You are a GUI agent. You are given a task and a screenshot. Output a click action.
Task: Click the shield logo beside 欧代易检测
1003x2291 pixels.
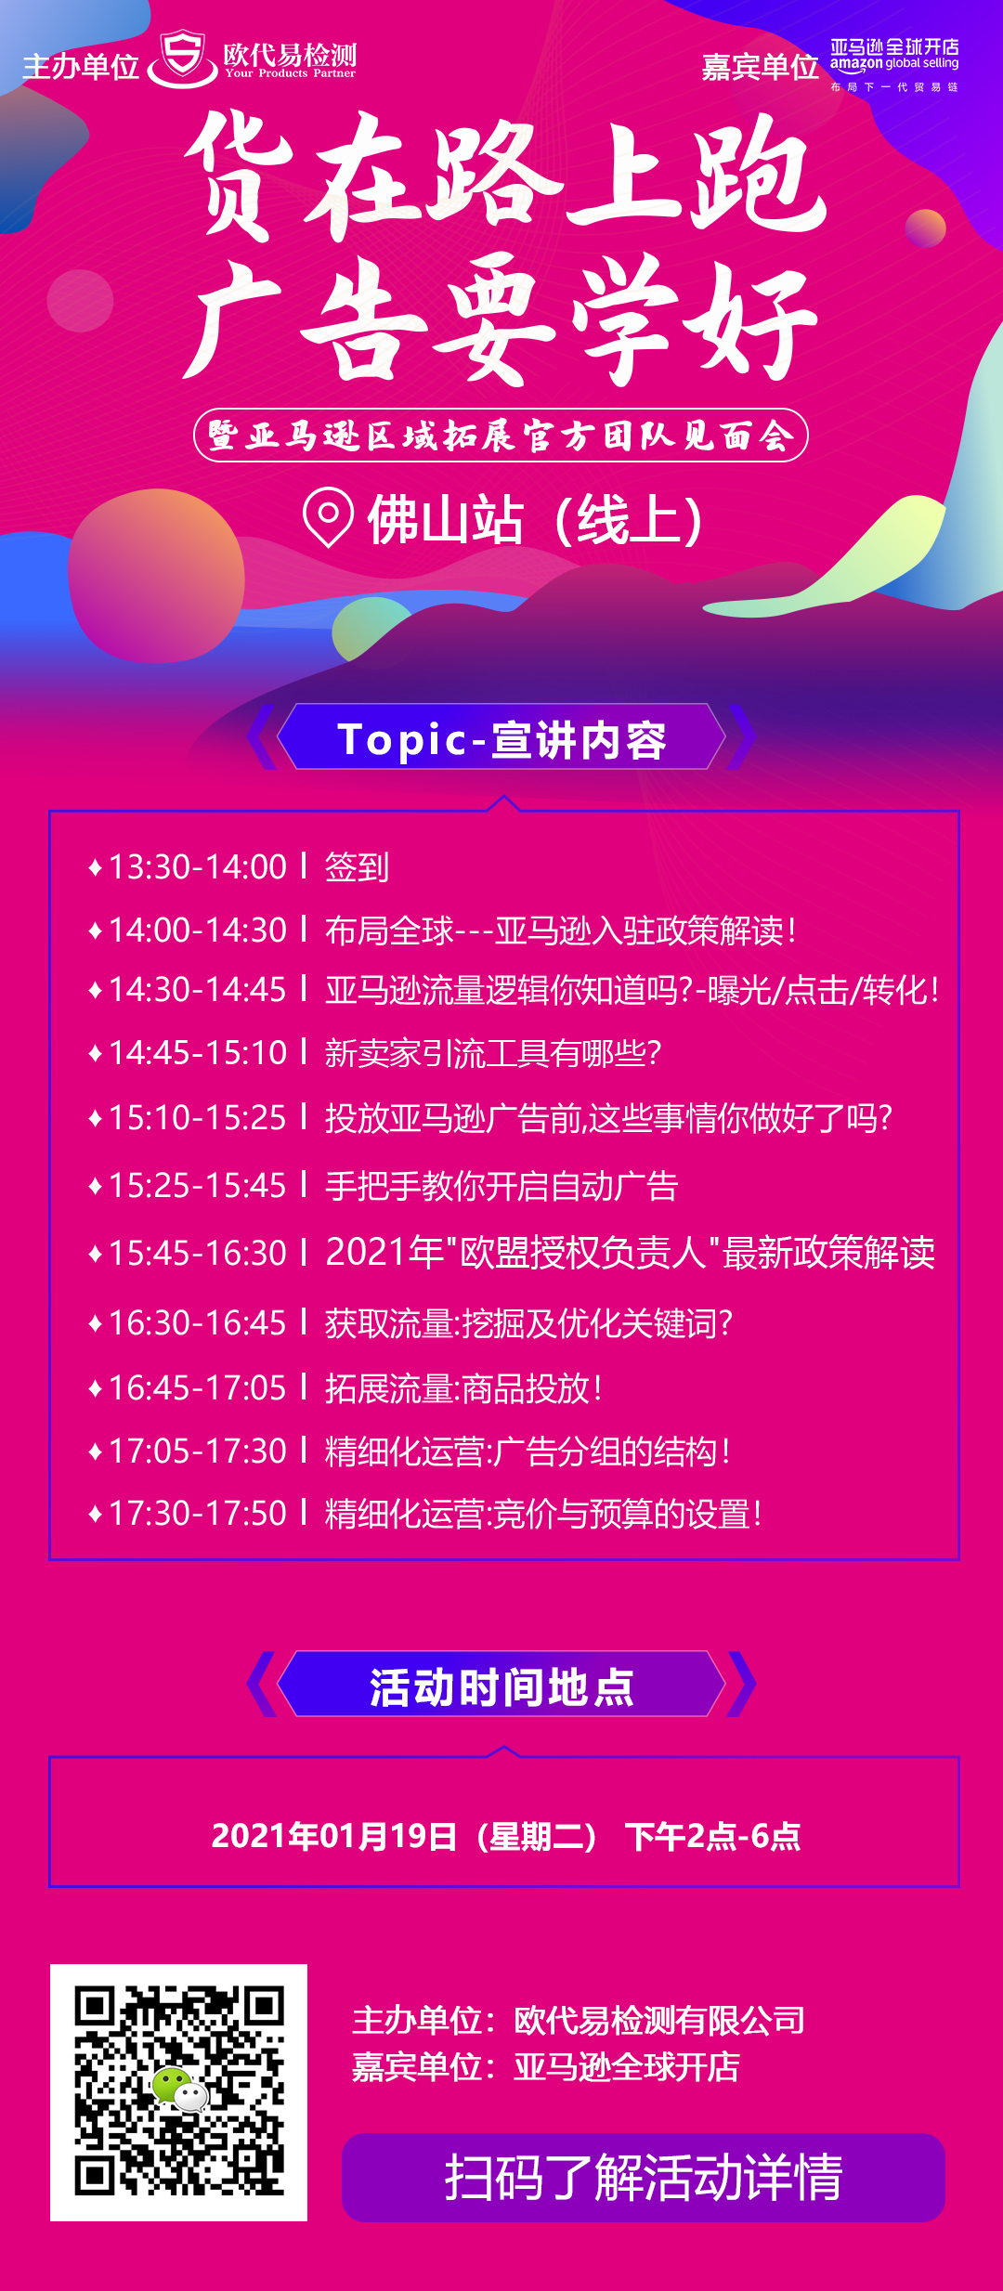click(x=183, y=58)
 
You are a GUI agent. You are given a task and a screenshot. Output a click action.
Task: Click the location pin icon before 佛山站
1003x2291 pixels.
click(x=328, y=516)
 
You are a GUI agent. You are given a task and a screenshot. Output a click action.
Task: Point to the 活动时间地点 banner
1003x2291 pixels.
click(x=501, y=1685)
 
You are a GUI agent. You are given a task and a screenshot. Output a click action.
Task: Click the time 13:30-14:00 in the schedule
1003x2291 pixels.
click(x=198, y=867)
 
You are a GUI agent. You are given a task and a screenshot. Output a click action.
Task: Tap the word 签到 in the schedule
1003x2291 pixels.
click(x=357, y=867)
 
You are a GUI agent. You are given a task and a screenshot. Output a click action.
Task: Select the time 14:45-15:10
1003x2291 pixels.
click(x=198, y=1053)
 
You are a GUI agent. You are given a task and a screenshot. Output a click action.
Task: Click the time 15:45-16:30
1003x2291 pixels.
click(x=198, y=1254)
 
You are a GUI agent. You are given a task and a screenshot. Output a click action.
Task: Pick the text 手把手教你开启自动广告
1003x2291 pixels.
click(x=501, y=1186)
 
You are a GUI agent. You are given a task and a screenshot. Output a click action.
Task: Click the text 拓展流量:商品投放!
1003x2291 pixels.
click(x=463, y=1389)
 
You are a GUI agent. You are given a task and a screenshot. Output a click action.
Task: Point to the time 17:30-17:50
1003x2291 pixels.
click(x=198, y=1514)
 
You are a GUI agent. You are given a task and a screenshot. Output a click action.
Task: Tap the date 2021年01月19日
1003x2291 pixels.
click(x=334, y=1836)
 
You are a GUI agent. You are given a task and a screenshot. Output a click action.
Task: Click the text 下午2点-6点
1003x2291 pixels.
click(x=712, y=1836)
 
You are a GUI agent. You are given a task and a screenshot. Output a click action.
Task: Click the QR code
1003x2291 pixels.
click(x=179, y=2091)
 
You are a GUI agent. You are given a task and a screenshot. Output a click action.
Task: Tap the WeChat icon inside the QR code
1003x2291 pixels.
click(x=179, y=2089)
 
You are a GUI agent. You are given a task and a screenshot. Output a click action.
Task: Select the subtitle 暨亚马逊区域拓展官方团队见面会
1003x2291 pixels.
click(x=501, y=435)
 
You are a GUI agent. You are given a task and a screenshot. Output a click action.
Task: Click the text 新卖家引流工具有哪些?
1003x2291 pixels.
click(x=493, y=1053)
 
